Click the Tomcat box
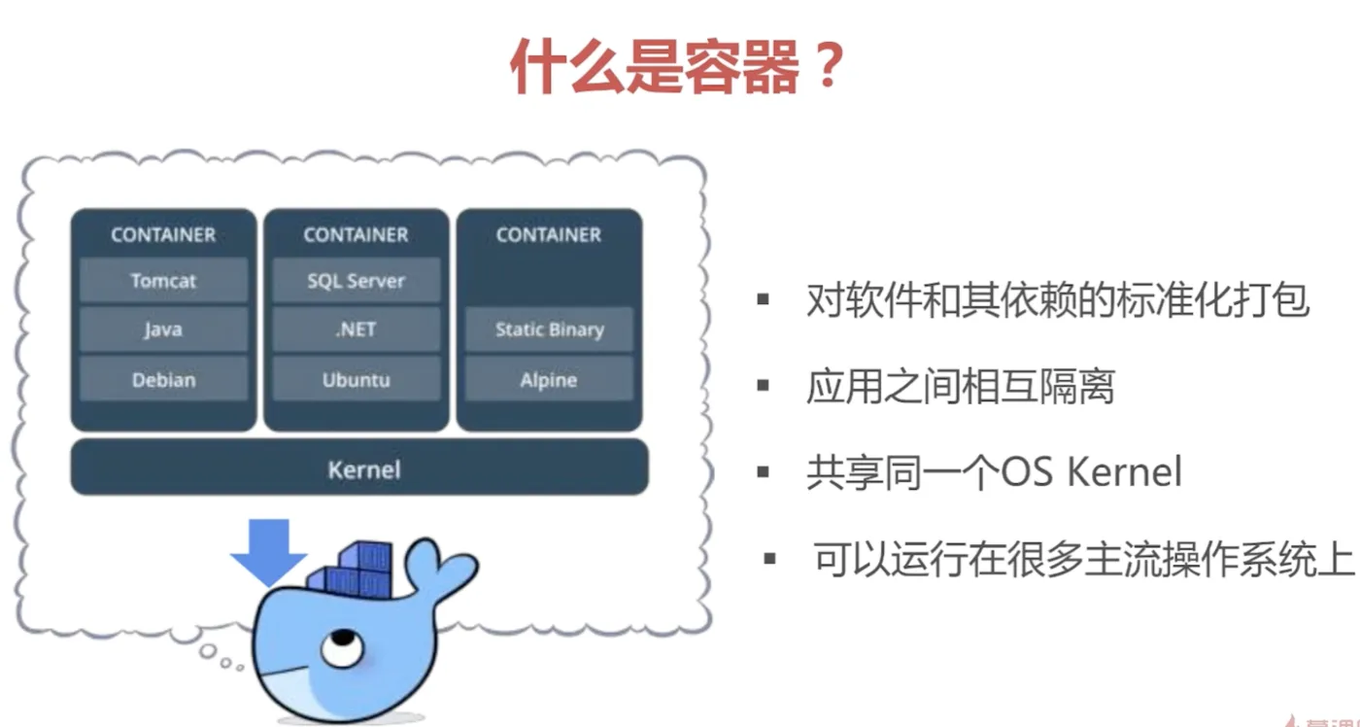163,281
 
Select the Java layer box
163,330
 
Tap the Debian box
163,380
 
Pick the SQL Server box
356,281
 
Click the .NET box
356,330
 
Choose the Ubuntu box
356,380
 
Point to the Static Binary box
549,330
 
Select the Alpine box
549,380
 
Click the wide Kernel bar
359,468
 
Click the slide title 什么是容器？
676,67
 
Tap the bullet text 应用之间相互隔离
960,387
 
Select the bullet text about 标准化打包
1058,301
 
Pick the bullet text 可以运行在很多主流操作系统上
1083,561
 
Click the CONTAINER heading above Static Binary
549,234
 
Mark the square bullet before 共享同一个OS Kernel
764,473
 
